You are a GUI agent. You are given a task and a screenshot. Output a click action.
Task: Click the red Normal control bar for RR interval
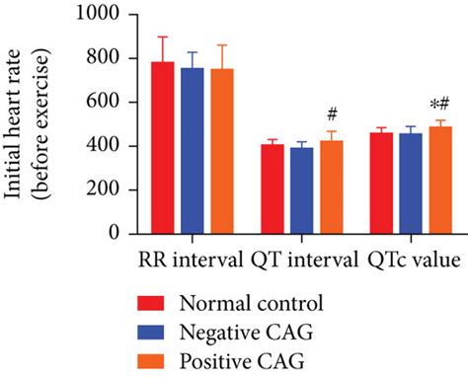162,148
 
